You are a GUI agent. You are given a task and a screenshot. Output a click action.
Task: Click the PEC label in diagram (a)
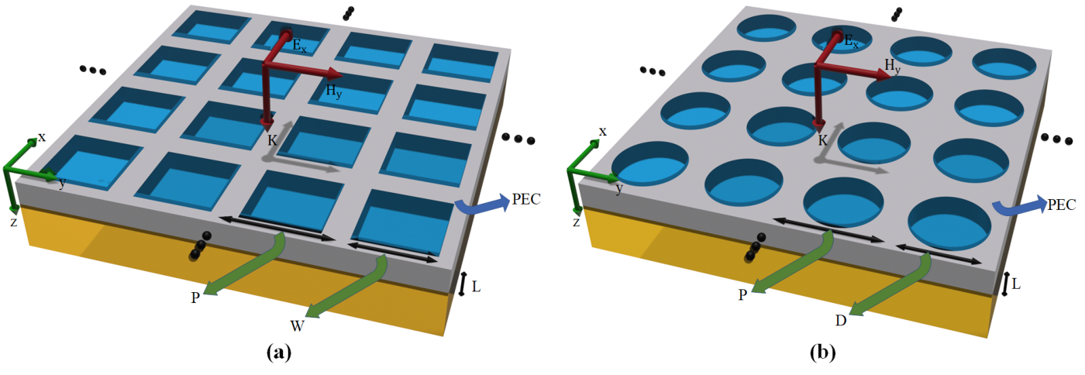point(526,199)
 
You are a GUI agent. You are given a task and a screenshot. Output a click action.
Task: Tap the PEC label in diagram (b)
point(1062,205)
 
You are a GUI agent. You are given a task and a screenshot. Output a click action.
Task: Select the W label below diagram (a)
point(297,325)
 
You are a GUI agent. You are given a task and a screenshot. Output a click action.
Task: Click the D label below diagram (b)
point(841,320)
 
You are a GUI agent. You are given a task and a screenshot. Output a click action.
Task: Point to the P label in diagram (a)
point(195,298)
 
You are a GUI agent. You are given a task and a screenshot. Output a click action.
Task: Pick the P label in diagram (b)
point(742,294)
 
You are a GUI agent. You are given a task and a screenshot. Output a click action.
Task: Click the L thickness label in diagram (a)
point(476,287)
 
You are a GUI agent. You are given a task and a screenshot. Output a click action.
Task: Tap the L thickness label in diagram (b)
point(1016,284)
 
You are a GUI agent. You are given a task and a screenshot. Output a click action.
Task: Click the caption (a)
point(279,353)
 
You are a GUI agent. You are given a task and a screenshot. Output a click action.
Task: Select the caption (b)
point(823,353)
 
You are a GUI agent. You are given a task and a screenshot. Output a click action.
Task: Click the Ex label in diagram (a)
point(299,46)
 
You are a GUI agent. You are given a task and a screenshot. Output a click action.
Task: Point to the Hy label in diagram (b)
point(892,66)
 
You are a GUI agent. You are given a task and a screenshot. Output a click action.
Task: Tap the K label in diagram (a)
point(272,140)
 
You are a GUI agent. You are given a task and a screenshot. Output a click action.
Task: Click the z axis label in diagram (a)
point(14,222)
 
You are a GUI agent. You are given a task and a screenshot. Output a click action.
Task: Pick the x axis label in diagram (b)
point(603,132)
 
